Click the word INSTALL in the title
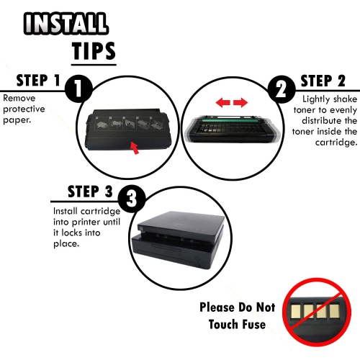(66, 23)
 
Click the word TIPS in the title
(94, 51)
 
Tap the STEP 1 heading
(38, 81)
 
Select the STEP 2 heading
(323, 81)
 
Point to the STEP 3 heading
(90, 192)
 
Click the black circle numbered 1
(78, 89)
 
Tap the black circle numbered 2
(282, 89)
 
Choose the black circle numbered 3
(132, 199)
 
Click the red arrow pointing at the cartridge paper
(135, 148)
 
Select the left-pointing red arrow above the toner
(223, 103)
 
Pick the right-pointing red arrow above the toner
(240, 103)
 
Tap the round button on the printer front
(197, 259)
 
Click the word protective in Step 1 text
(24, 109)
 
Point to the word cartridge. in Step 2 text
(336, 143)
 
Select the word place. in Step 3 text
(66, 244)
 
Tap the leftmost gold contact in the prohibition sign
(295, 311)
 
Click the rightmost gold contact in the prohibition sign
(334, 311)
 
